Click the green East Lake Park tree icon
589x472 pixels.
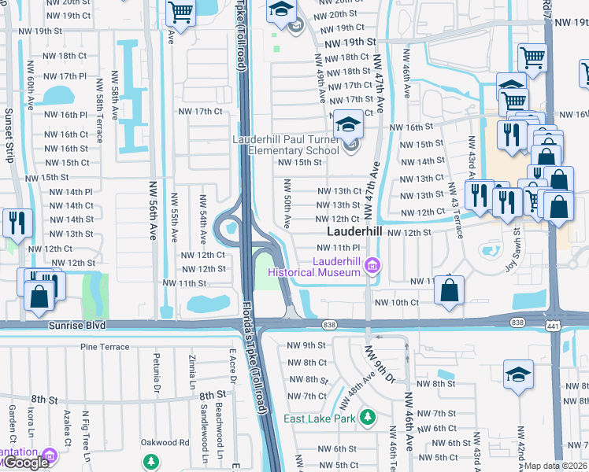coord(366,416)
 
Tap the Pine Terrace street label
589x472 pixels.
coord(104,346)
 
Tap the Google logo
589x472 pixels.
coord(25,463)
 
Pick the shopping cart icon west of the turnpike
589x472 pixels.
coord(181,13)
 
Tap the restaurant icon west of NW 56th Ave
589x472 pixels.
coord(16,223)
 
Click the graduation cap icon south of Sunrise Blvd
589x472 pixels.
coord(518,374)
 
